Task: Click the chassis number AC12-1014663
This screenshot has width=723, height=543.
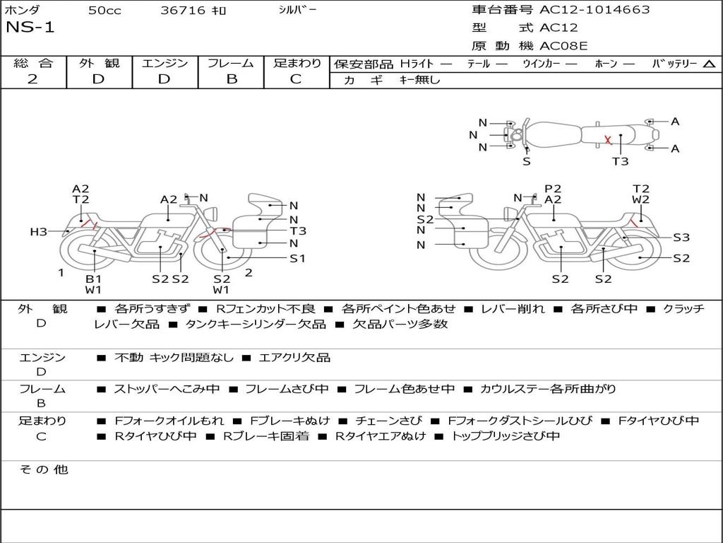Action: tap(594, 10)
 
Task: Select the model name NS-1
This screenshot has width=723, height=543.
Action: tap(30, 28)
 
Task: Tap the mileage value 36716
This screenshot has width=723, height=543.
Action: tap(183, 10)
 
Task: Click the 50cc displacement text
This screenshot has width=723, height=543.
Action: tap(103, 10)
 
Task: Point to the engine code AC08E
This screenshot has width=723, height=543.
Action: tap(563, 46)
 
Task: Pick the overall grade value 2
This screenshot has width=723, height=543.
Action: tap(32, 79)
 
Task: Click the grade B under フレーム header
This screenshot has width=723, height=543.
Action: tap(231, 79)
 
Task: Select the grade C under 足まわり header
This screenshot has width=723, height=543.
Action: tap(296, 79)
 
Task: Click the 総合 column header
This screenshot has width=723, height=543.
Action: tap(33, 63)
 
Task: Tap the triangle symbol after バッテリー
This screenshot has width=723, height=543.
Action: tap(709, 64)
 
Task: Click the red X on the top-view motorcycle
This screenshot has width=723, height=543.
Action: tap(608, 140)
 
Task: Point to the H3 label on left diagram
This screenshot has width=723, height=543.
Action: tap(38, 231)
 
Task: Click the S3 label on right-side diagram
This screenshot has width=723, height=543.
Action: tap(681, 238)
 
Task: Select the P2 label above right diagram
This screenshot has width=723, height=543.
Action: tap(553, 188)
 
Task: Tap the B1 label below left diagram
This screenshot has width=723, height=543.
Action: tap(94, 279)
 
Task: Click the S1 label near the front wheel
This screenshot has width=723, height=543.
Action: tap(298, 258)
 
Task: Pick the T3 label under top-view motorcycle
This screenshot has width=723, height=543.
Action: tap(620, 161)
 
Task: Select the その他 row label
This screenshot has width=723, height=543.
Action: tap(43, 469)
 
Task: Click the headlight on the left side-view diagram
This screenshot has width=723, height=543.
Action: tap(210, 213)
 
